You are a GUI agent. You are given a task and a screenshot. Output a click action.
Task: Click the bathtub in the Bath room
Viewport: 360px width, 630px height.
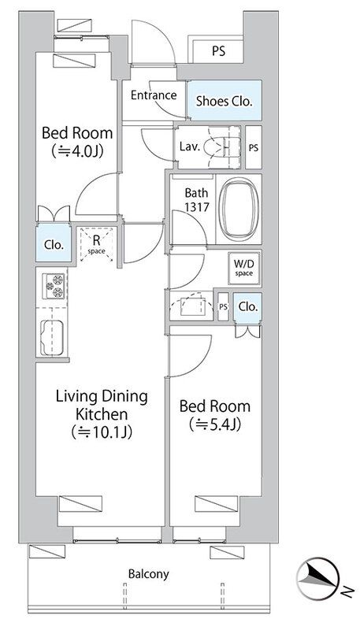(x=239, y=209)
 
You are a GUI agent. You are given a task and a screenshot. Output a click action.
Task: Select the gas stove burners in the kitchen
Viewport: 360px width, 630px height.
(x=54, y=286)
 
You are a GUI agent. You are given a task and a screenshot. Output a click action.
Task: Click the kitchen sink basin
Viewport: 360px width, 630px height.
(x=52, y=338)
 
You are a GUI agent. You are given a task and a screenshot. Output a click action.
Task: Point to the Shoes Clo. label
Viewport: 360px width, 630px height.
(x=225, y=102)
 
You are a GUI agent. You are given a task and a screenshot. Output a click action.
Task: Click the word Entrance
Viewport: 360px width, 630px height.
(x=154, y=95)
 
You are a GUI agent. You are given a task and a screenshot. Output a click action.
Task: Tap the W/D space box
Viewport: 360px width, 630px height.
(x=244, y=269)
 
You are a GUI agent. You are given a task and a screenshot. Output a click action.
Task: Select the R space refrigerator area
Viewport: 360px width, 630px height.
(x=96, y=245)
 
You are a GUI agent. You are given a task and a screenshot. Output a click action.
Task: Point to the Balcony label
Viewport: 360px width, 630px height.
(x=148, y=574)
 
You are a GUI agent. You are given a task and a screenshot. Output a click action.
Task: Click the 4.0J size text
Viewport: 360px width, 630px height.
(x=77, y=151)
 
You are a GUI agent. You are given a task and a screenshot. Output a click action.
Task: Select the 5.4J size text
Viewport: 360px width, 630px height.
(x=214, y=424)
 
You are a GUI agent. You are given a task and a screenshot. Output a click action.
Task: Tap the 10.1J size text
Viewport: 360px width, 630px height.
(x=102, y=432)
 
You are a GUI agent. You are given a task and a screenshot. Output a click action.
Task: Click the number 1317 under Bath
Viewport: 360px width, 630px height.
(x=196, y=207)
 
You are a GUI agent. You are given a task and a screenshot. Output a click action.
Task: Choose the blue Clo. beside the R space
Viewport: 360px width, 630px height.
(x=54, y=244)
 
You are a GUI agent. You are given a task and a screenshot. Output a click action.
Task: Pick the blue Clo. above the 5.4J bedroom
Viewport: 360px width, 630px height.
(x=248, y=307)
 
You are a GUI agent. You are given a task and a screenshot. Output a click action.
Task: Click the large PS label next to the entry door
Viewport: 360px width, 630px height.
(x=218, y=51)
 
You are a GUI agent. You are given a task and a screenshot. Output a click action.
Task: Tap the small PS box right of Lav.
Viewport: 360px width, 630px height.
(x=253, y=147)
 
